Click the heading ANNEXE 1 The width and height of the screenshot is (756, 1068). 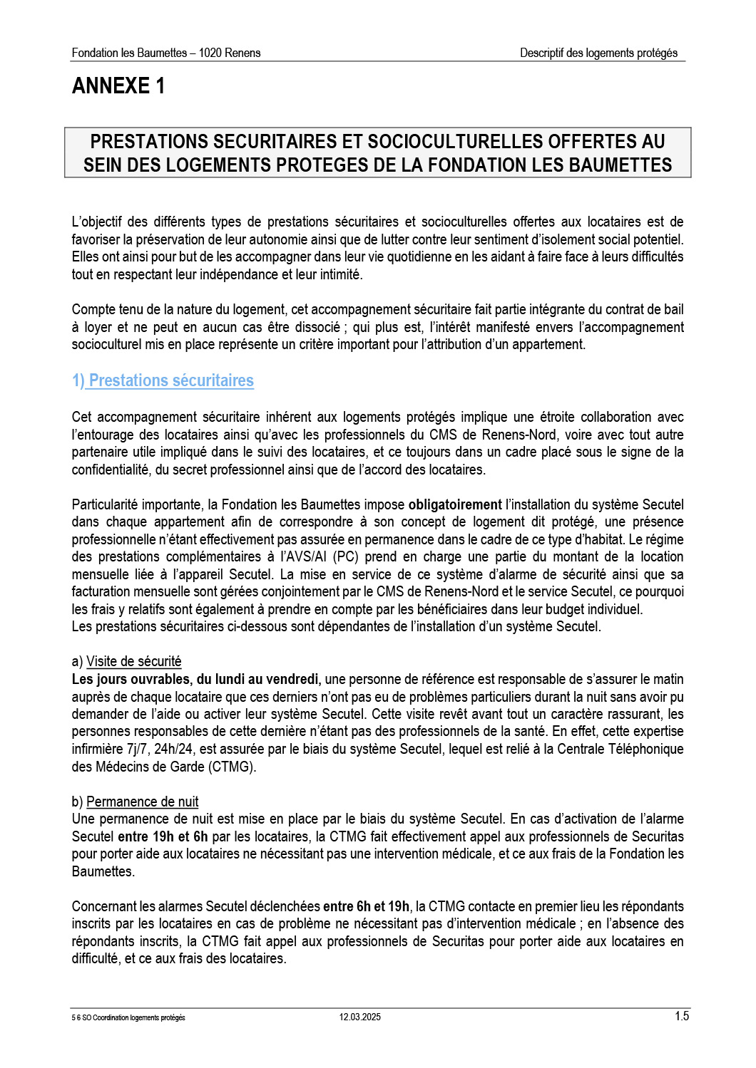point(118,86)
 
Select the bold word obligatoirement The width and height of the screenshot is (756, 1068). point(454,504)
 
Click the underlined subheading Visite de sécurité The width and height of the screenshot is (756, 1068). point(134,661)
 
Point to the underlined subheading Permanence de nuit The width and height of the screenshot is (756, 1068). point(143,802)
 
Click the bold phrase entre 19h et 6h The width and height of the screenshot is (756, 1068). point(163,836)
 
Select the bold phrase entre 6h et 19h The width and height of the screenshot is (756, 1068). point(366,906)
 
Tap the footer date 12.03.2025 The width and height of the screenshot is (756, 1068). point(360,1017)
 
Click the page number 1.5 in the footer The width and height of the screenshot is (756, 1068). point(682,1016)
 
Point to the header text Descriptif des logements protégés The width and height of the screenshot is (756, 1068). point(598,53)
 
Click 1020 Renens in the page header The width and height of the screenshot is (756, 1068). point(230,53)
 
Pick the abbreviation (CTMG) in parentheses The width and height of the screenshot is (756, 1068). point(232,767)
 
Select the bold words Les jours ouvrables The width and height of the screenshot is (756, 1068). point(131,679)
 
